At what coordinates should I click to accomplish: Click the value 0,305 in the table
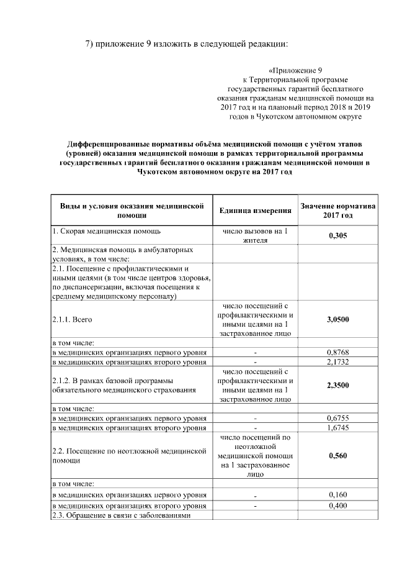(337, 236)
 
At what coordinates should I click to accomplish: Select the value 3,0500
(337, 320)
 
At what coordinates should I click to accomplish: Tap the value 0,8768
(337, 352)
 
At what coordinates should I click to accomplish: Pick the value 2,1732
(337, 361)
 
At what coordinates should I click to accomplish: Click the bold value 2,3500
(337, 385)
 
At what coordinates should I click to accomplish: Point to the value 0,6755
(337, 418)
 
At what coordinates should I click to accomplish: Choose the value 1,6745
(337, 427)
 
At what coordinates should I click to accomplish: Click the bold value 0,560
(337, 455)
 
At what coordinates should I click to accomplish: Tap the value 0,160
(337, 494)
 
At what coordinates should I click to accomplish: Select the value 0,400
(337, 506)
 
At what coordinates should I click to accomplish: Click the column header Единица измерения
(255, 211)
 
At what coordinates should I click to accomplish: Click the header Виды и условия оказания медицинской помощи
(131, 211)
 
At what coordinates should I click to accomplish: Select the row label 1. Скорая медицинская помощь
(106, 232)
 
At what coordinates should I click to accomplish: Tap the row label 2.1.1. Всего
(69, 320)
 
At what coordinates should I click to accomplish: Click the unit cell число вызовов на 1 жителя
(255, 236)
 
